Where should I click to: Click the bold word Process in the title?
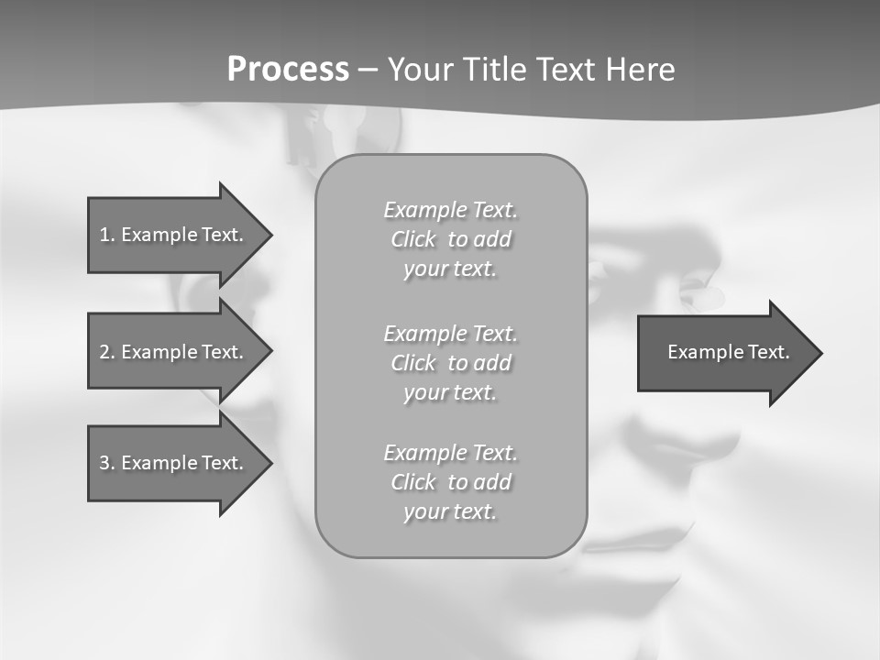[288, 70]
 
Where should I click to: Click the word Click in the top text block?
[413, 239]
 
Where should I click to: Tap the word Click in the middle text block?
[413, 363]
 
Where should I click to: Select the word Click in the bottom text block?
[413, 482]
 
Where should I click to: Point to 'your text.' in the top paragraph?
[450, 269]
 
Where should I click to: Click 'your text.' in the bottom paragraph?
[450, 512]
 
